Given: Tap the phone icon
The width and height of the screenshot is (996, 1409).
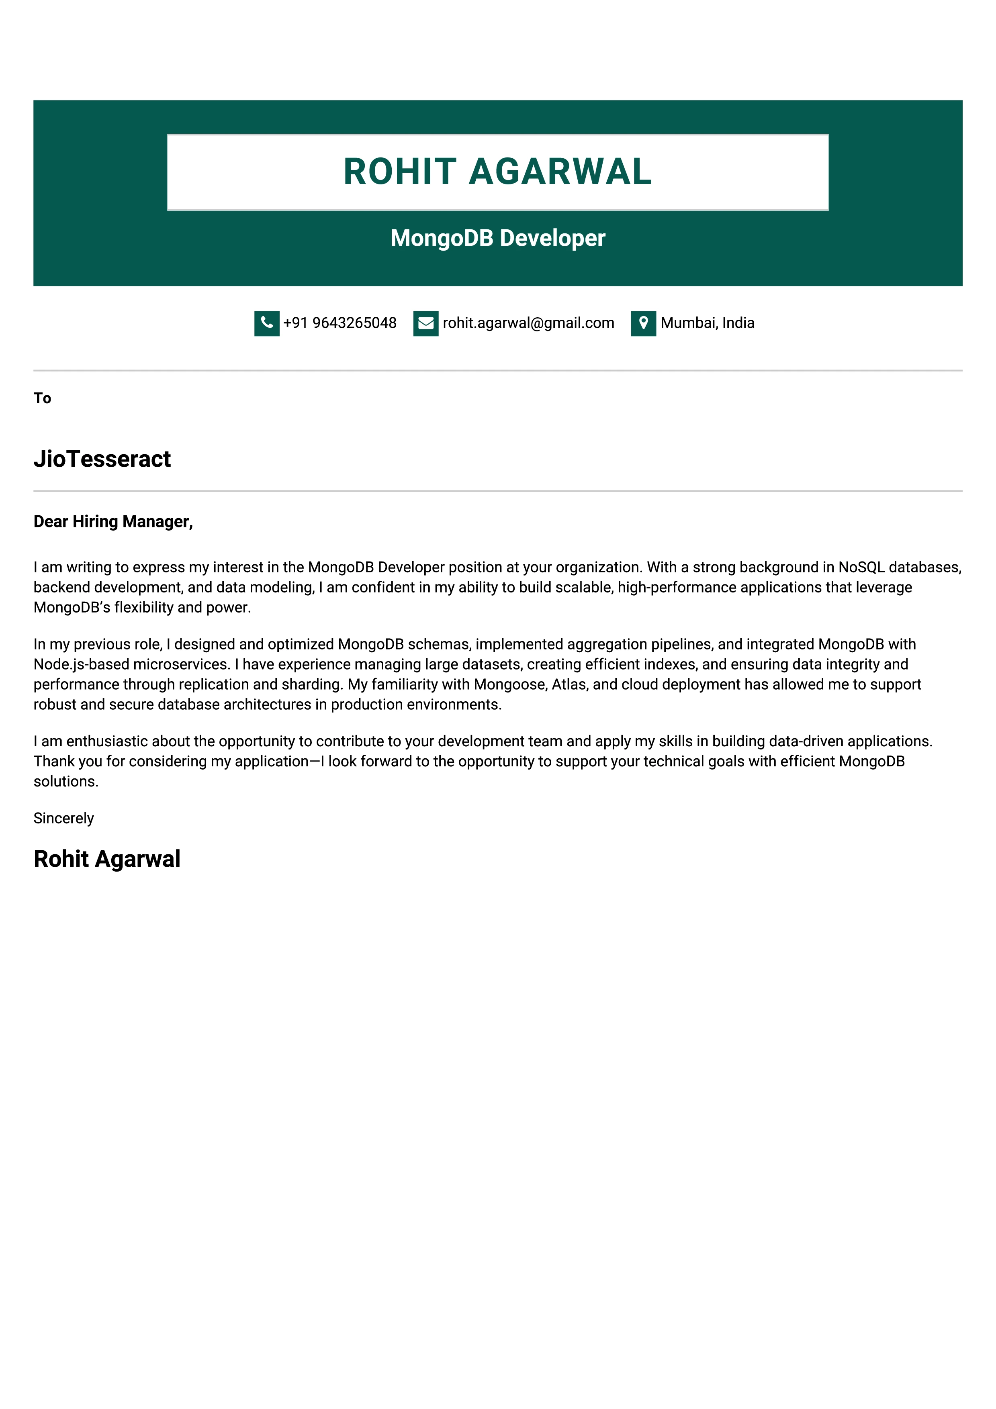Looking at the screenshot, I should pyautogui.click(x=266, y=323).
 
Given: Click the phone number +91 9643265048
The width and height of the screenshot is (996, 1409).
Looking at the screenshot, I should pyautogui.click(x=339, y=323).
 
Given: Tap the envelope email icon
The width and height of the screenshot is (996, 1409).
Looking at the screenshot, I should pyautogui.click(x=425, y=323).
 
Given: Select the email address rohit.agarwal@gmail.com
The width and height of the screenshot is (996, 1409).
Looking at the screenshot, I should pyautogui.click(x=528, y=323).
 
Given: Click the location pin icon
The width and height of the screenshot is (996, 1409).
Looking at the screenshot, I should pyautogui.click(x=643, y=323).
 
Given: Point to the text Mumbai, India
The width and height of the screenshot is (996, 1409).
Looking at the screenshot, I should pyautogui.click(x=707, y=323).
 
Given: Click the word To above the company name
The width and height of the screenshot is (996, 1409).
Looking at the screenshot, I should pyautogui.click(x=42, y=398).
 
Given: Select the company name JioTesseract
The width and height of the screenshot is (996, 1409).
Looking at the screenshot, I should pyautogui.click(x=102, y=459).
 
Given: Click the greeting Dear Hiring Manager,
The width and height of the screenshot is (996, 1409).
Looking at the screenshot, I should pyautogui.click(x=113, y=522).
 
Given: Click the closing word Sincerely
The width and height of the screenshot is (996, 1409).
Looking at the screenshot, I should pyautogui.click(x=64, y=818).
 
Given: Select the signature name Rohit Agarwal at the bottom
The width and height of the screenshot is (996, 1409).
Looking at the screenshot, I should pyautogui.click(x=107, y=859).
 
